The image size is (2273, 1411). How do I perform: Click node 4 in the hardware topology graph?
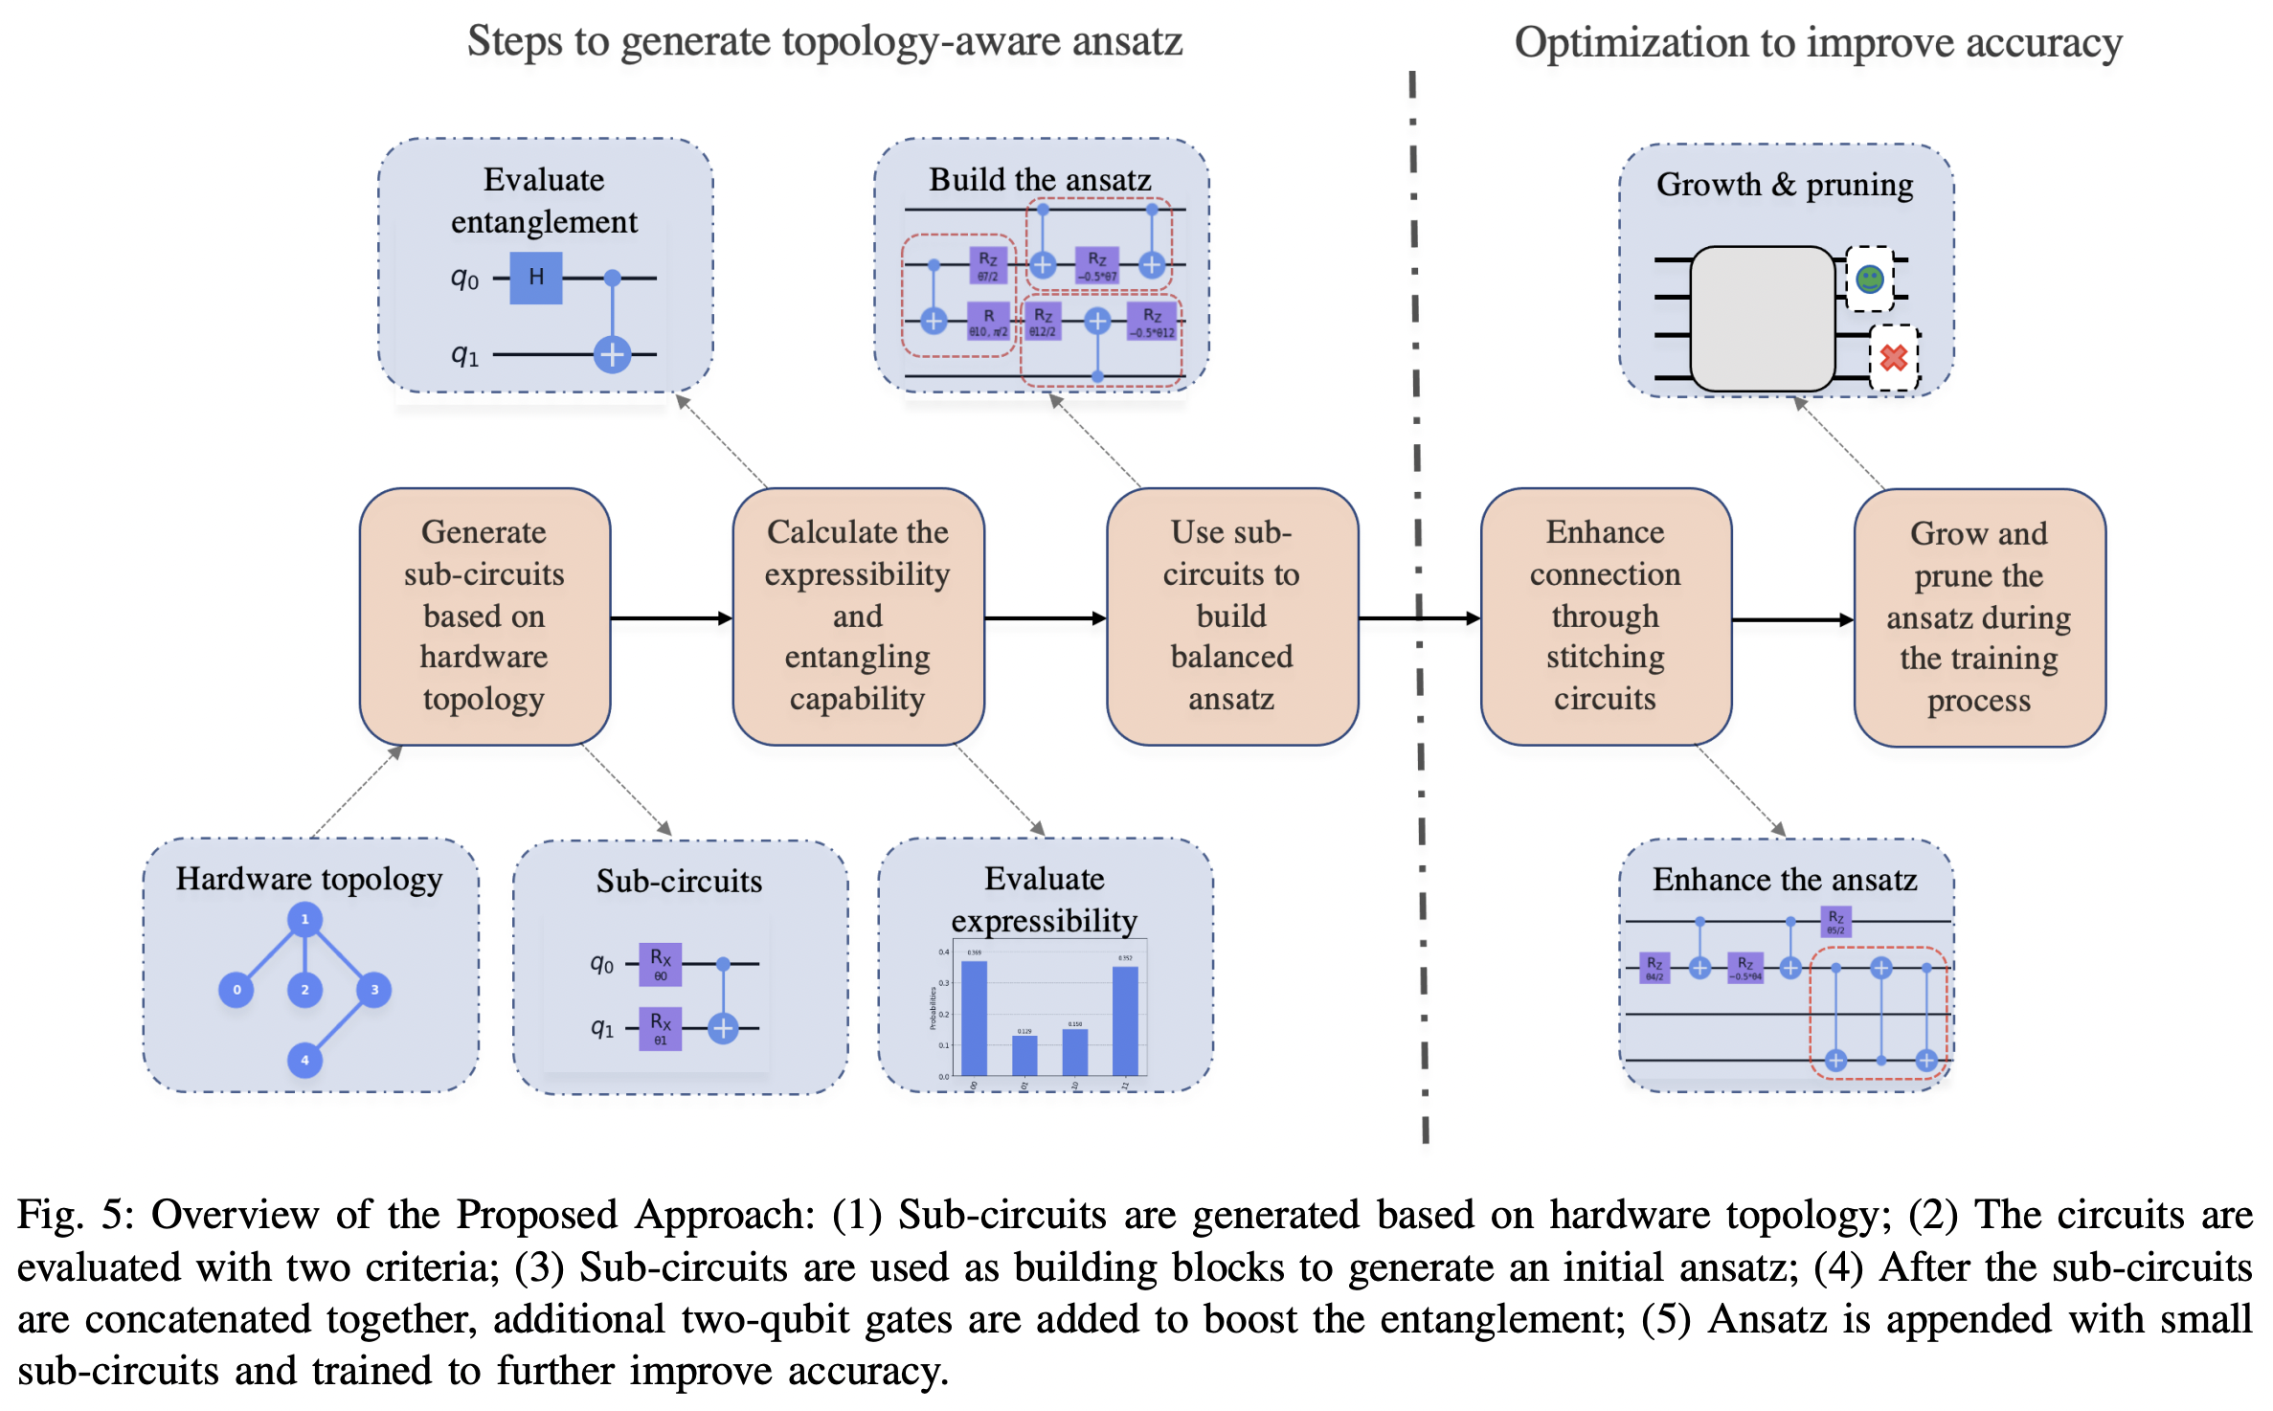[304, 1060]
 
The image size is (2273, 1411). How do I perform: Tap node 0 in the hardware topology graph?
[236, 989]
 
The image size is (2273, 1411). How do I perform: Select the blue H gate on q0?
[535, 278]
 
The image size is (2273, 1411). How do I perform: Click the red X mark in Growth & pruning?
[1893, 358]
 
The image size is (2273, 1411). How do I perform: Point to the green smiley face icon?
[1869, 279]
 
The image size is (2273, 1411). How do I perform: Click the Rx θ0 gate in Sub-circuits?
[660, 964]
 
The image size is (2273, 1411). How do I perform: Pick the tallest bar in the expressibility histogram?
[974, 1019]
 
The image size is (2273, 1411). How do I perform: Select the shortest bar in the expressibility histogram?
[1024, 1055]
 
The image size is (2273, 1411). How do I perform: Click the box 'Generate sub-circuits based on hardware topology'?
[484, 616]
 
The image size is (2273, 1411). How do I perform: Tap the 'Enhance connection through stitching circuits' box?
[1605, 616]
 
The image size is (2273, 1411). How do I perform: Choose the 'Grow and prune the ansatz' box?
[1978, 617]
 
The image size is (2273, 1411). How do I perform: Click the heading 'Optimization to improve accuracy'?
[1817, 43]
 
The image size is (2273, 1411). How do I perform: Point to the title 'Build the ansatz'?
[1040, 179]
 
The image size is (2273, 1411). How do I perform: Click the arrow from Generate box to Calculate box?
[671, 618]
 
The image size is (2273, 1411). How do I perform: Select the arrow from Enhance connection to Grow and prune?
[1791, 619]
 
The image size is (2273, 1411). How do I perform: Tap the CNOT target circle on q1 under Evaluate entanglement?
[612, 354]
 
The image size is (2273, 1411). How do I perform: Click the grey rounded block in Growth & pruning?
[1762, 318]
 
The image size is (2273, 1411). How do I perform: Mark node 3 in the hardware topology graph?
[374, 989]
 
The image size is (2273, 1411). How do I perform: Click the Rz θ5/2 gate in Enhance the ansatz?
[1834, 921]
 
